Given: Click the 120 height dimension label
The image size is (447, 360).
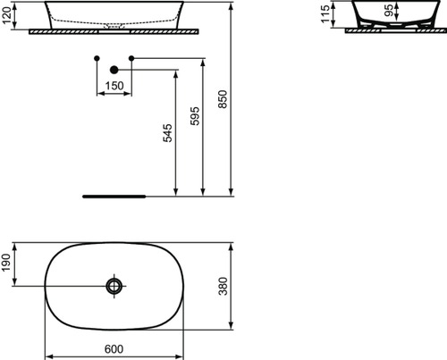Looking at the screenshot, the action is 6,15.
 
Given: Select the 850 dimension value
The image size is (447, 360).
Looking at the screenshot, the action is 223,99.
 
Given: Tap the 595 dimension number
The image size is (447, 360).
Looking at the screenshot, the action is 195,116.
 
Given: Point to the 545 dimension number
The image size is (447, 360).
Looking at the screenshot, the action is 168,133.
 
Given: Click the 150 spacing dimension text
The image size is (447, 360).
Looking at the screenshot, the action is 114,86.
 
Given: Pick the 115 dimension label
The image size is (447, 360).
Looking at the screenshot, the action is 325,13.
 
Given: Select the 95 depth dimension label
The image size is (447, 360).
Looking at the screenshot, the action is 389,10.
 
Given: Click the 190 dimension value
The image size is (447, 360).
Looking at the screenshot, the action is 6,263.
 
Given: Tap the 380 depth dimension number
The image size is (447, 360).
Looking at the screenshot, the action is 223,286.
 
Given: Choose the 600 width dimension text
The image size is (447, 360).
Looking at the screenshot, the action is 114,349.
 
